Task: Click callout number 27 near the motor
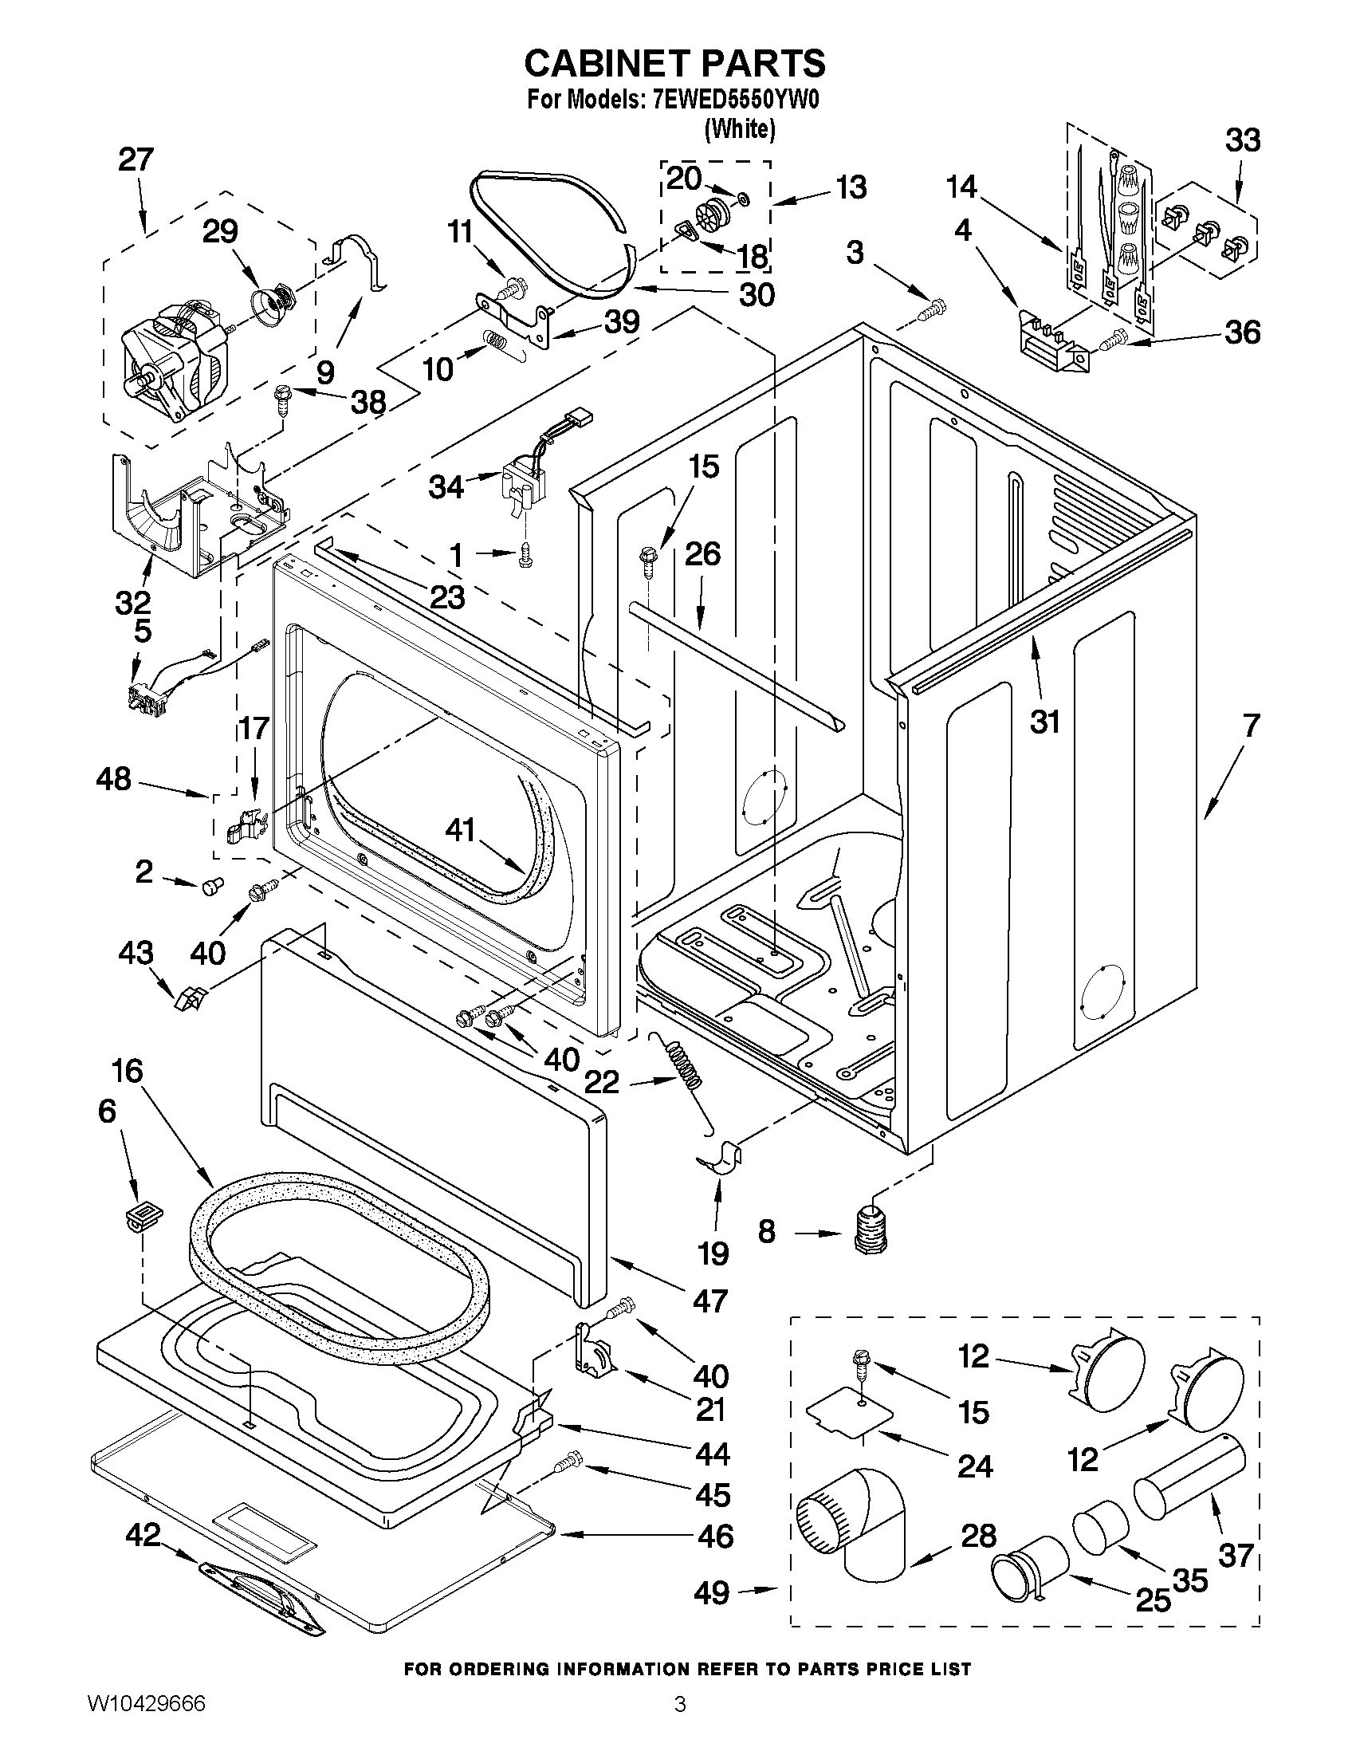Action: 135,160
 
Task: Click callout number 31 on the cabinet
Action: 1044,721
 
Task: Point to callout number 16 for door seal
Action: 128,1071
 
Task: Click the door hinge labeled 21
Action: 593,1355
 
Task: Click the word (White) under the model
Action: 739,128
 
